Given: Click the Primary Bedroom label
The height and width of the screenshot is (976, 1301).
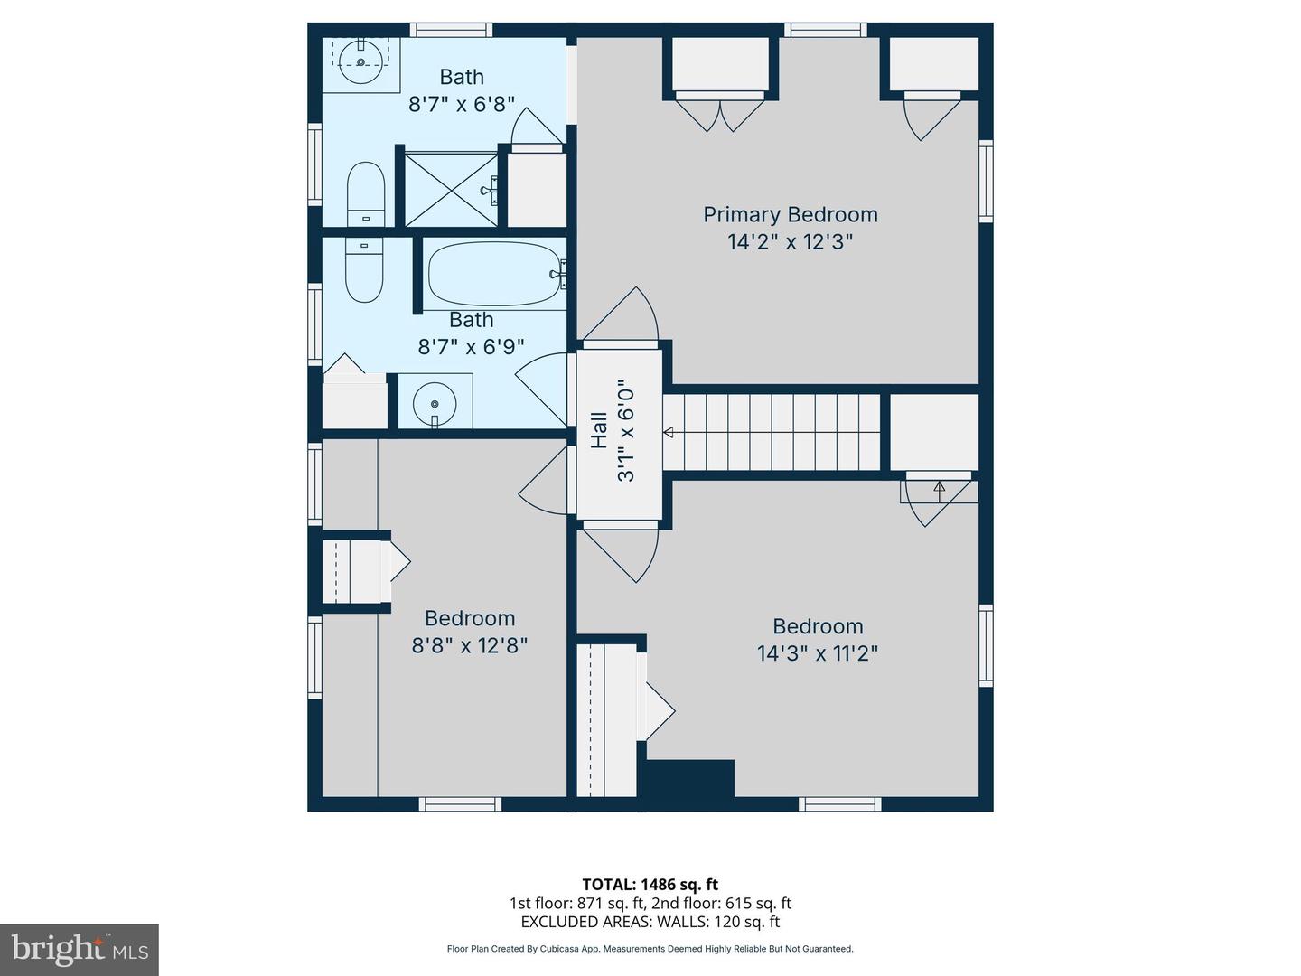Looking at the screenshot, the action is (790, 214).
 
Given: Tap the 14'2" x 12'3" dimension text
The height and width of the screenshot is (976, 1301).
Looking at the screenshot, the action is (790, 242).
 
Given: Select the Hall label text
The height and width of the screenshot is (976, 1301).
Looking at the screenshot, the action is (599, 430).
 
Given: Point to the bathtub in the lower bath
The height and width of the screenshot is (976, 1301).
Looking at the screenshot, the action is (493, 273).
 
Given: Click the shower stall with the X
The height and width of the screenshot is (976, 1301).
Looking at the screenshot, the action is (451, 190).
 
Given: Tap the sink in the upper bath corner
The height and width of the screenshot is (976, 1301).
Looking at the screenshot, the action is (360, 61).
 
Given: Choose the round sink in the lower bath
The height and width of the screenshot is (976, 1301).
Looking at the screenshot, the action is (435, 404).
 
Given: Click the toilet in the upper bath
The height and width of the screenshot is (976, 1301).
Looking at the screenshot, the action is (366, 193).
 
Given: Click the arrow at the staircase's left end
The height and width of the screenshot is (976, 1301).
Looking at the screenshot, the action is (669, 433).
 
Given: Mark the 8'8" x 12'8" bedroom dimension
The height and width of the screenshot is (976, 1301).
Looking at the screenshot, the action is (470, 645).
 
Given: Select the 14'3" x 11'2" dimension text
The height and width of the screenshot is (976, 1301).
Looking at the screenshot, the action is (818, 653).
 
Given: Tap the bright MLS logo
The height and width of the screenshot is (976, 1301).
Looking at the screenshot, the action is (80, 950).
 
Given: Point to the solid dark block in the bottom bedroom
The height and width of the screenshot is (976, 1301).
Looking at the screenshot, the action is (690, 778).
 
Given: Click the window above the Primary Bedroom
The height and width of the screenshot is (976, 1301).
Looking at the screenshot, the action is (826, 30).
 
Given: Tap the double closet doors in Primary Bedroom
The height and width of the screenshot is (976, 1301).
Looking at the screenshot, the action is (720, 113).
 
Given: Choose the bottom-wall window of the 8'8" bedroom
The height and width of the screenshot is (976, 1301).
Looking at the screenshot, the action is (460, 804).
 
